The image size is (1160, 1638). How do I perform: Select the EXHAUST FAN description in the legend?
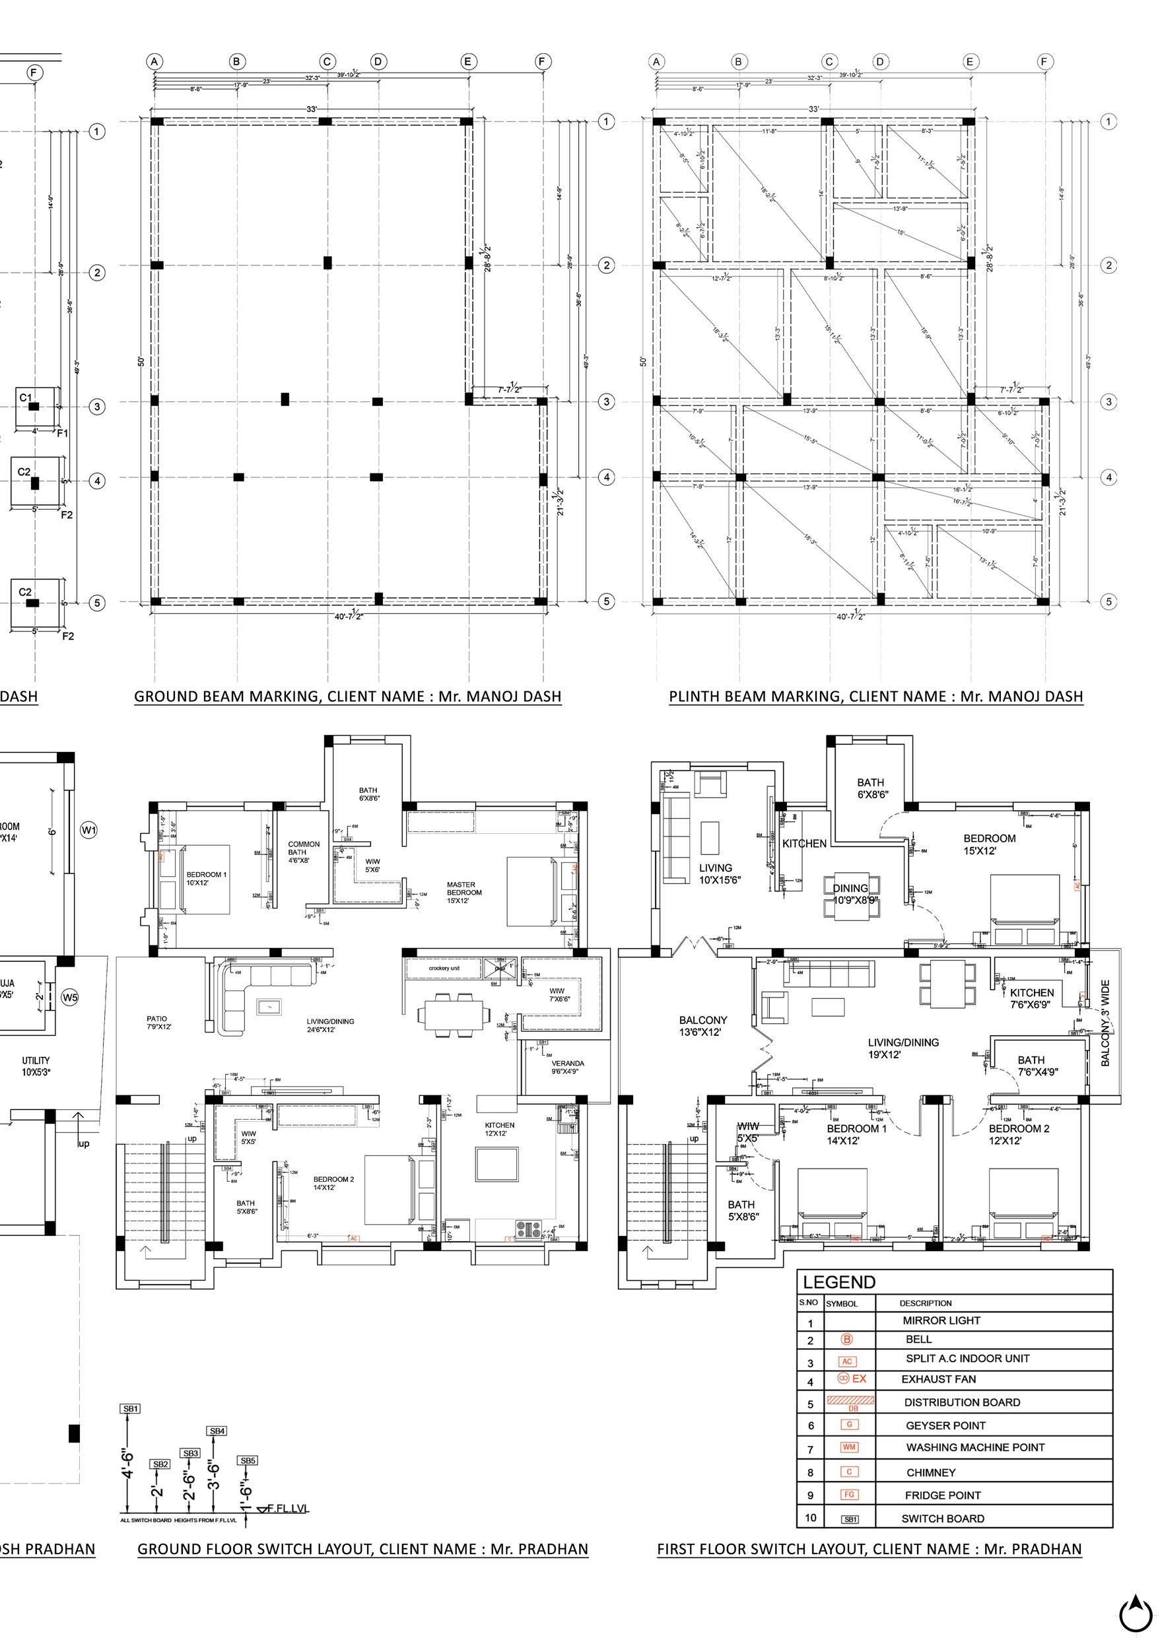tap(938, 1379)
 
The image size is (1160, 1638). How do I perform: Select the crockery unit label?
tap(444, 968)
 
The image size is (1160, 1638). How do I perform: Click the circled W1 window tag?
tap(88, 830)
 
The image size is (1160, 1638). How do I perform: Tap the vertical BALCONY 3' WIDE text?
tap(1105, 1023)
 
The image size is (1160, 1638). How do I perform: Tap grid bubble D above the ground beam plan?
tap(378, 61)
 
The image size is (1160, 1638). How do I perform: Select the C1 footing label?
tap(26, 397)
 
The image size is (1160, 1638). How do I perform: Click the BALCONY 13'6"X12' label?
tap(704, 1026)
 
